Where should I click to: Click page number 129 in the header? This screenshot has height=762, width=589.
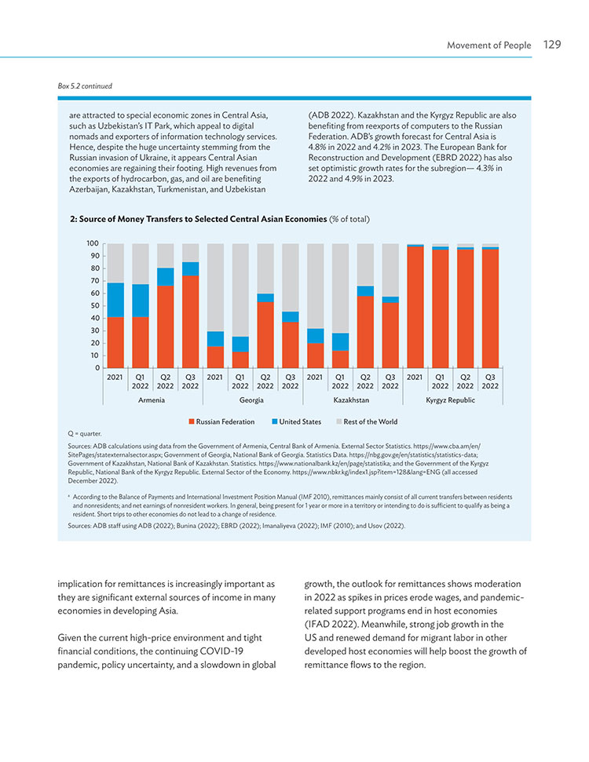coord(552,45)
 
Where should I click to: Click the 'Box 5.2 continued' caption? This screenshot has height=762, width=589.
coord(85,86)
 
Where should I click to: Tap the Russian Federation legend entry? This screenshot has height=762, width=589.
coord(221,422)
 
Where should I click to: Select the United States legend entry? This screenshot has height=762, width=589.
coord(296,422)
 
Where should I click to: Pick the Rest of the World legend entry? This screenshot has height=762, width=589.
coord(367,422)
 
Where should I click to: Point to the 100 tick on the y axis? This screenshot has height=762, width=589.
coord(93,243)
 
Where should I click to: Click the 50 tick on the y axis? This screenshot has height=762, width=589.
coord(94,306)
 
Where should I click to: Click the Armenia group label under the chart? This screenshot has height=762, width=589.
coord(152,400)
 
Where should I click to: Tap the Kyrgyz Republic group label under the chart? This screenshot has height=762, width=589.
coord(450,400)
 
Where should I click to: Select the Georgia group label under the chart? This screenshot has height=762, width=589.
coord(251,400)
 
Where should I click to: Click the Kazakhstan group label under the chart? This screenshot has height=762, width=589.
coord(351,400)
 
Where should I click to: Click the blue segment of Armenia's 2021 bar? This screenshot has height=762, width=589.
coord(115,300)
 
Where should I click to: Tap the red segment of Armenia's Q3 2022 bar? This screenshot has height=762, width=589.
coord(190,322)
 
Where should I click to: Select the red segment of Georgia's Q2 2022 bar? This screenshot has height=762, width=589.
coord(265,335)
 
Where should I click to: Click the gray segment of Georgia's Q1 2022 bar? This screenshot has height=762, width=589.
coord(240,290)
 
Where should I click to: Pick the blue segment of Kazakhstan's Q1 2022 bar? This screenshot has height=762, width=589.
coord(341,341)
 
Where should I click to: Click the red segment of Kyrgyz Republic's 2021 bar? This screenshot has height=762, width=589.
coord(415,307)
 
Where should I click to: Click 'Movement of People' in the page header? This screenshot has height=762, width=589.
coord(488,46)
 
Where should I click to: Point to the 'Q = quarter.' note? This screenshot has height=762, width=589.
coord(85,433)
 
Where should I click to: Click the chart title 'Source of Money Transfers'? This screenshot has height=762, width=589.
coord(199,219)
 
